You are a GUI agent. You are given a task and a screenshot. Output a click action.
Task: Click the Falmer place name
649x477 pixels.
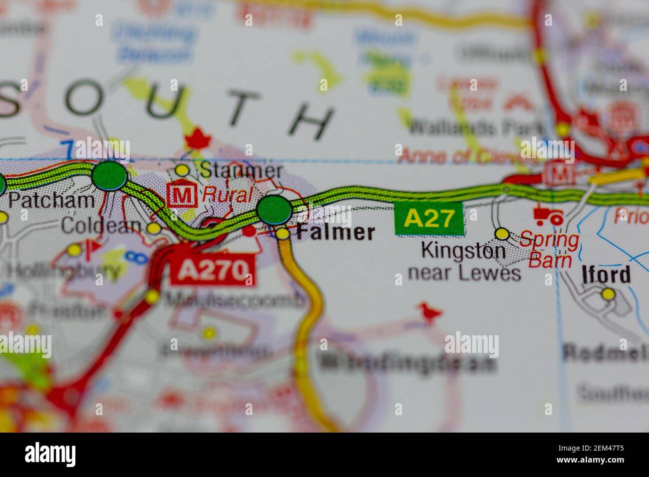(335, 233)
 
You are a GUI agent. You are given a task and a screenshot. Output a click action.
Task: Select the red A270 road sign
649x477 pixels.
(213, 271)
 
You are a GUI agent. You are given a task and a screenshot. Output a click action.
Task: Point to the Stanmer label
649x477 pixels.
(241, 171)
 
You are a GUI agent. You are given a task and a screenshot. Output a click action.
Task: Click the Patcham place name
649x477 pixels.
(52, 201)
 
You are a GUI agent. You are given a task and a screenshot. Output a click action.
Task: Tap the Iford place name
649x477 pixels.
(606, 275)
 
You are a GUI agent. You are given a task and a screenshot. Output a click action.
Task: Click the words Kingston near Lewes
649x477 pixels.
(464, 261)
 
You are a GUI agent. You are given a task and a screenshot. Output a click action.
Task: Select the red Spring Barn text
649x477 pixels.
(549, 249)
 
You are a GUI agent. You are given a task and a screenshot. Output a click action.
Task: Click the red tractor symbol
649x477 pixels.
(548, 216)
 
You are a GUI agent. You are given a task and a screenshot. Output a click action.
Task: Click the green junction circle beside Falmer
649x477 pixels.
(274, 210)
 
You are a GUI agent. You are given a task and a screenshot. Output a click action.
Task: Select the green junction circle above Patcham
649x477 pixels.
(109, 176)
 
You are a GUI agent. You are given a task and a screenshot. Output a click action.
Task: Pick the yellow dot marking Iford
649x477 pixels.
(608, 294)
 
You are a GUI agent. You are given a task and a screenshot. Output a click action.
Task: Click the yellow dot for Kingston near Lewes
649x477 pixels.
(502, 234)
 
